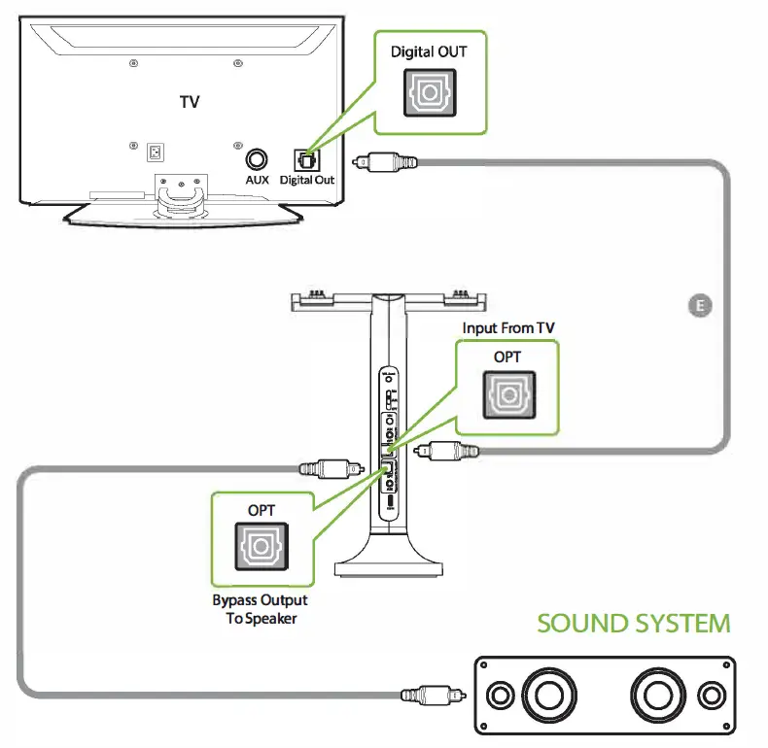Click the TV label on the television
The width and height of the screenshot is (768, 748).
pyautogui.click(x=190, y=101)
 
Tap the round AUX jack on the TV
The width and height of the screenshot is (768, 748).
pyautogui.click(x=257, y=158)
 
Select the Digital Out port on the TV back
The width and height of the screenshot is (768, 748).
pyautogui.click(x=305, y=158)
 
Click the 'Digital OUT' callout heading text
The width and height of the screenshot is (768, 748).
pyautogui.click(x=429, y=51)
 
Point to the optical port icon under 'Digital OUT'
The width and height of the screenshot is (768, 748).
pyautogui.click(x=429, y=92)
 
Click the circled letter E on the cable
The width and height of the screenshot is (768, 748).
pyautogui.click(x=698, y=306)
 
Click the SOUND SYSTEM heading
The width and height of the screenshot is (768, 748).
pyautogui.click(x=633, y=623)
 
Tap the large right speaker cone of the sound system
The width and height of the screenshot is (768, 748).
pyautogui.click(x=659, y=696)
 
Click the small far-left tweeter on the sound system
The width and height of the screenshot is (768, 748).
pyautogui.click(x=501, y=696)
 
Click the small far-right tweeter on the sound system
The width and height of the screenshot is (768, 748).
pyautogui.click(x=711, y=696)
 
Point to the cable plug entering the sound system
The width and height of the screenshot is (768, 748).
pyautogui.click(x=432, y=696)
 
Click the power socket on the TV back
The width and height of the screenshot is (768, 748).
pyautogui.click(x=155, y=152)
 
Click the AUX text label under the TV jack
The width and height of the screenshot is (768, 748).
pyautogui.click(x=257, y=181)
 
